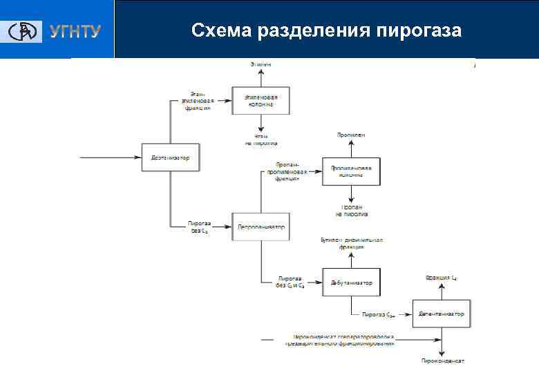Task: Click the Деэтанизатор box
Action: (x=170, y=157)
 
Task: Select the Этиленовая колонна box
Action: (x=261, y=100)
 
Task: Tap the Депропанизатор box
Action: (x=261, y=227)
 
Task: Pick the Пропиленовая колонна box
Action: (x=351, y=170)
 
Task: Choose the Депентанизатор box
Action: (x=442, y=314)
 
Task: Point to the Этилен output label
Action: (x=261, y=64)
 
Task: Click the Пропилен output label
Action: (x=351, y=135)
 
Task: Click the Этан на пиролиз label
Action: (x=261, y=140)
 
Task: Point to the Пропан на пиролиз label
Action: (x=351, y=210)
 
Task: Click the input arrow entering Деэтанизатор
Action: (x=111, y=157)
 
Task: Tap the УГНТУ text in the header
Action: (x=75, y=32)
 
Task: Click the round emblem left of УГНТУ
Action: (x=25, y=32)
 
